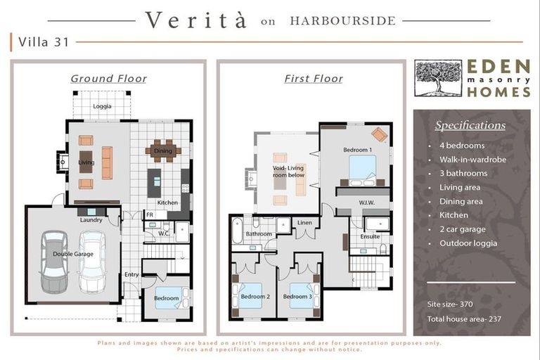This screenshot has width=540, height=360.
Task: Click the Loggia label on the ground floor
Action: [x=102, y=106]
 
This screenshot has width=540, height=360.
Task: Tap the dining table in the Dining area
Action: [x=163, y=150]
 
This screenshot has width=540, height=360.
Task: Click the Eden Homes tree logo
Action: [x=438, y=78]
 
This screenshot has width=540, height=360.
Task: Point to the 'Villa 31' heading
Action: [x=44, y=42]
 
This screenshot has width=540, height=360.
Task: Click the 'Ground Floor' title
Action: [x=109, y=79]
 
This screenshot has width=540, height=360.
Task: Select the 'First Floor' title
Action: [x=314, y=79]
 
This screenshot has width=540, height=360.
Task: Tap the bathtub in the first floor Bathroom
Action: [x=238, y=231]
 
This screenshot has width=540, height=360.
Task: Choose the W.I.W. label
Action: [x=367, y=202]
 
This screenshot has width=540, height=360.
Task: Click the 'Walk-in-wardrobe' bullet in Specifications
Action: [x=472, y=160]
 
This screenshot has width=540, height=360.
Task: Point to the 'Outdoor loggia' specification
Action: [x=468, y=243]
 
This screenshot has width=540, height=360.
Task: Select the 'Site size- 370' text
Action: [x=450, y=304]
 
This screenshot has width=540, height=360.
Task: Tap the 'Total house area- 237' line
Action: [x=464, y=319]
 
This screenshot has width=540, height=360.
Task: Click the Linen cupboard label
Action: [x=304, y=223]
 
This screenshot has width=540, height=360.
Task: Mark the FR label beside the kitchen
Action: [x=150, y=214]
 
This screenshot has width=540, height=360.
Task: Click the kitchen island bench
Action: [x=154, y=183]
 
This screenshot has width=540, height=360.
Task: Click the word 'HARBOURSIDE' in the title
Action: [x=343, y=20]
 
